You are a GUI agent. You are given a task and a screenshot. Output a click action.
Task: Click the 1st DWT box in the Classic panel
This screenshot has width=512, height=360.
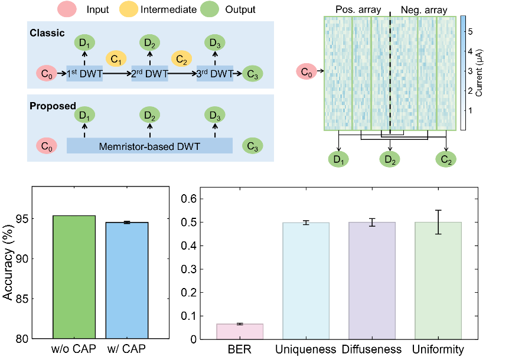[x=84, y=74]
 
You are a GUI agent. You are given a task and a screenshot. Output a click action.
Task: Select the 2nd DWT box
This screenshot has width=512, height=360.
[x=150, y=74]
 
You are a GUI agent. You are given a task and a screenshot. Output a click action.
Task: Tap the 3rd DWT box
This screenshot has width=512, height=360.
[x=215, y=74]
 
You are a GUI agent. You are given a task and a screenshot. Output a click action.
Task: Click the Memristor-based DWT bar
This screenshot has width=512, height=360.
[x=149, y=146]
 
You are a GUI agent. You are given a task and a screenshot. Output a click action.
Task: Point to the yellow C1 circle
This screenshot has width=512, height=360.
[x=116, y=60]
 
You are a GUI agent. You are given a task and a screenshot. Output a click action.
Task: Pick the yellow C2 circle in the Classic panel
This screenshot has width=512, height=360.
[x=182, y=60]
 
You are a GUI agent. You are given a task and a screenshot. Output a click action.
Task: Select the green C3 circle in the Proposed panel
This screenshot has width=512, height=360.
[x=253, y=146]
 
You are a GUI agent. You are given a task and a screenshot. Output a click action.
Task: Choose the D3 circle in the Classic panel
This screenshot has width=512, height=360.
[x=215, y=43]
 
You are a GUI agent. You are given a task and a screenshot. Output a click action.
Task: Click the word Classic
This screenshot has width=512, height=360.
[x=47, y=32]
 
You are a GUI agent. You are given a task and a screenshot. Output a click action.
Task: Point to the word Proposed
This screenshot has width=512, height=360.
[x=53, y=106]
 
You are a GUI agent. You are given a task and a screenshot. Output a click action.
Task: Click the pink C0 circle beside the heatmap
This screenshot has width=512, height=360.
[x=306, y=73]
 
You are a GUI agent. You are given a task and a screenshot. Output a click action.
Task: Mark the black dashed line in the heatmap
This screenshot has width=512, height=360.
[x=390, y=73]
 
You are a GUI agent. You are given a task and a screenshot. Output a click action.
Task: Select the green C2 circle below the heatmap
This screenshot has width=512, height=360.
[x=446, y=159]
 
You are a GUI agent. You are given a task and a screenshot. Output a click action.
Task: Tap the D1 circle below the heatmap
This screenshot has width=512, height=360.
[x=339, y=159]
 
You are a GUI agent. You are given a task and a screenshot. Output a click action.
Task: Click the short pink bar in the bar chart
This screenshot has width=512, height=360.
[x=240, y=331]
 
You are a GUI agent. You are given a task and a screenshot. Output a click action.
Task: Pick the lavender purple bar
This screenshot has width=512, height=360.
[x=372, y=280]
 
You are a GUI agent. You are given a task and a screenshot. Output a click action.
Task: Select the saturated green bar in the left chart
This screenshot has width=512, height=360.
[x=74, y=276]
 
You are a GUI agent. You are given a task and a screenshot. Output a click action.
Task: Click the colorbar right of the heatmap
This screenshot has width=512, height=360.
[x=463, y=73]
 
